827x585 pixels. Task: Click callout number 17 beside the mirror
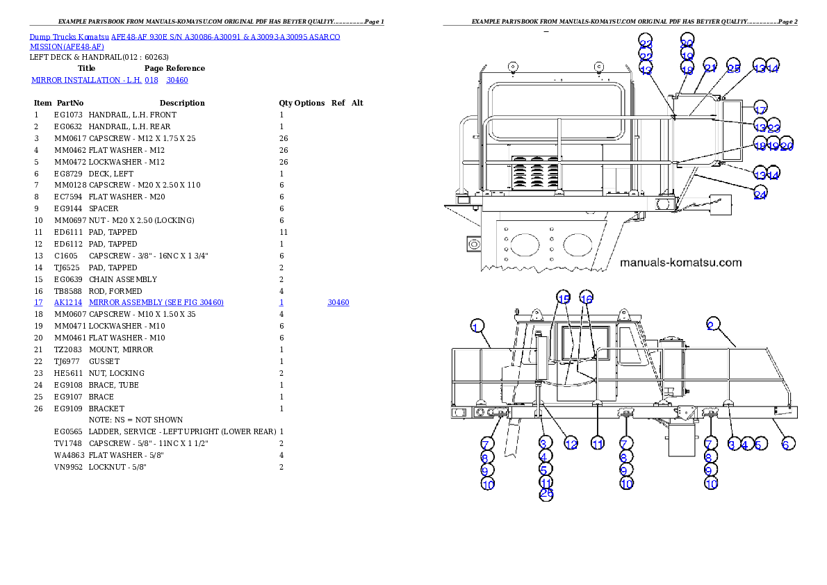[760, 110]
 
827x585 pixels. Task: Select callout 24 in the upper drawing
[760, 195]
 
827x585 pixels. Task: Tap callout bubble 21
[710, 68]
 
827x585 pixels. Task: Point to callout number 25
[733, 68]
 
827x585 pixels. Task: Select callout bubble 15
[564, 299]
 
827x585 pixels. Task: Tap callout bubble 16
[587, 299]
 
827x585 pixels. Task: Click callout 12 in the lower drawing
[571, 444]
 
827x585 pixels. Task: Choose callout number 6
[785, 444]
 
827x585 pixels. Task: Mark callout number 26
[546, 494]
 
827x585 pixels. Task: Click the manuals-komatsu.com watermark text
[680, 263]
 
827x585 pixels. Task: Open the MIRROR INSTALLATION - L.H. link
[86, 81]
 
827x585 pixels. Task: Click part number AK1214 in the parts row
[68, 303]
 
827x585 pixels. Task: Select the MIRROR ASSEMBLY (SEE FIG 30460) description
[156, 303]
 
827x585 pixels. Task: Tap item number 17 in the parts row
[39, 303]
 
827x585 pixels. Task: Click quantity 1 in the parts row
[281, 303]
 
